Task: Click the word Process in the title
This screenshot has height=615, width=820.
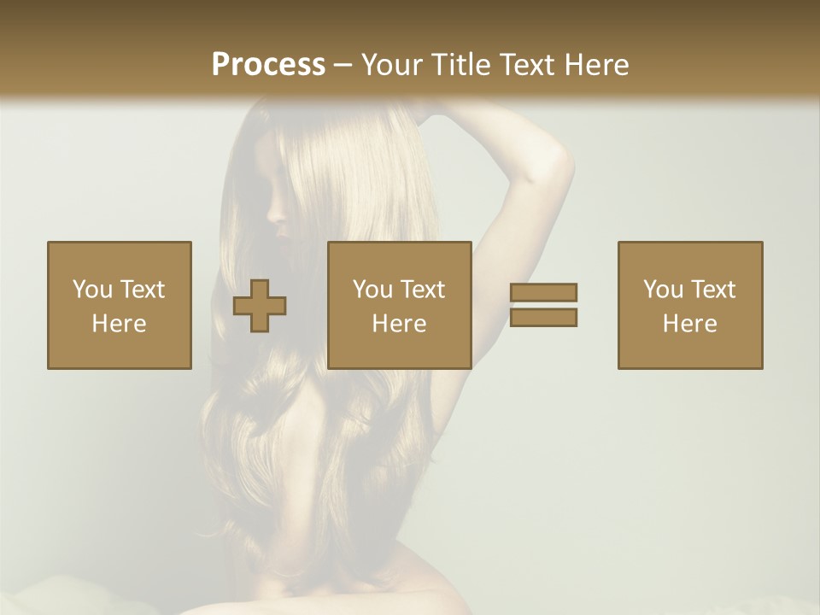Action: tap(268, 65)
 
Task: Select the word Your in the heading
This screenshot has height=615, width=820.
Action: tap(393, 65)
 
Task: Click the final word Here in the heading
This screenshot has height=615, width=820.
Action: tap(595, 65)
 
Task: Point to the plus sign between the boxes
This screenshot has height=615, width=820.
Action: tap(260, 305)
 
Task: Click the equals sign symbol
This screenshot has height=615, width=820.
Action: tap(543, 305)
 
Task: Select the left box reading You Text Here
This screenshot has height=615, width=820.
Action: tap(120, 305)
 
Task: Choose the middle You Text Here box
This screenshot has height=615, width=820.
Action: tap(400, 305)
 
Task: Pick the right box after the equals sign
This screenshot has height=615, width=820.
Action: tap(690, 305)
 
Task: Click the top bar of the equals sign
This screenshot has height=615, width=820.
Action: tap(543, 293)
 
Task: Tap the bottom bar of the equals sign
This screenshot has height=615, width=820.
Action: tap(543, 318)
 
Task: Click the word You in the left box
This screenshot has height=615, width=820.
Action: tap(92, 290)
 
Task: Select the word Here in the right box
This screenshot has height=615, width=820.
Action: tap(690, 324)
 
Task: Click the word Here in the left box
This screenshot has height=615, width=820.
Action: tap(120, 324)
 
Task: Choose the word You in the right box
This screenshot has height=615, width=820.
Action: tap(663, 290)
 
